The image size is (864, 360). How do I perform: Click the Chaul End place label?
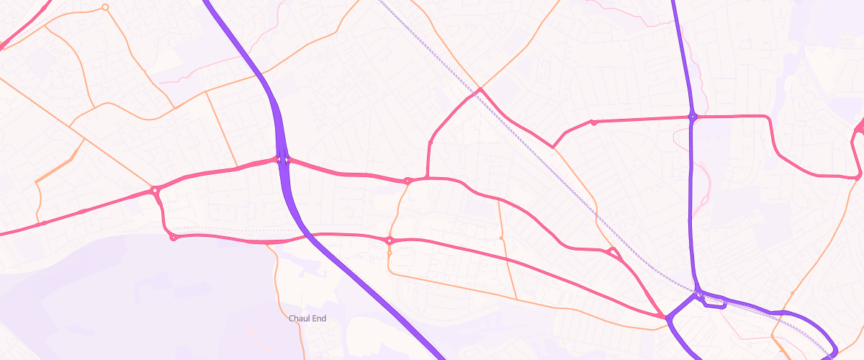click(307, 318)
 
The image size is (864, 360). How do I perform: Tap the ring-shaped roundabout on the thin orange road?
click(105, 7)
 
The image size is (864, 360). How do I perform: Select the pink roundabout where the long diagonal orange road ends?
click(155, 190)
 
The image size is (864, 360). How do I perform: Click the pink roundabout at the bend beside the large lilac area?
click(173, 237)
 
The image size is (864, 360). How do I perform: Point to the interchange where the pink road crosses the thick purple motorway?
click(282, 159)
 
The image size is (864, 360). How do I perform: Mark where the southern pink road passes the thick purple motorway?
click(303, 235)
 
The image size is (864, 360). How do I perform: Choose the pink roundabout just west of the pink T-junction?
click(408, 181)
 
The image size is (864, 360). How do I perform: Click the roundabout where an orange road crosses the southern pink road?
click(390, 240)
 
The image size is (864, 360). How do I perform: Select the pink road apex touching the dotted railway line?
click(479, 91)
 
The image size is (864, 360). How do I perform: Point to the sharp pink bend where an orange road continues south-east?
click(554, 147)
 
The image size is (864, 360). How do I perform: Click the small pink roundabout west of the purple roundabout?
click(593, 122)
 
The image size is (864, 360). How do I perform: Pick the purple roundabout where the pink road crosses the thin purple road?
click(693, 116)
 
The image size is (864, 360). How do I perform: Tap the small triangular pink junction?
click(613, 252)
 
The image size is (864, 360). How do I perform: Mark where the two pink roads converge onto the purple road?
click(665, 316)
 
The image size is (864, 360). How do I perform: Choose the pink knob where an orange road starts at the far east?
click(859, 175)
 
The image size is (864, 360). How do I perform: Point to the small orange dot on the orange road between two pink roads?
click(501, 238)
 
